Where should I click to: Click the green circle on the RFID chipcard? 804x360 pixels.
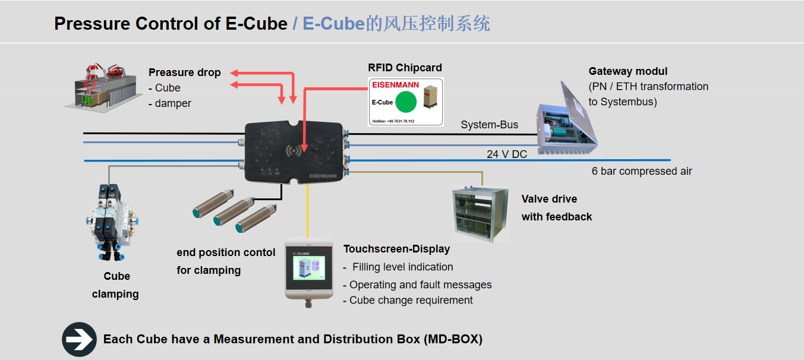point(406,102)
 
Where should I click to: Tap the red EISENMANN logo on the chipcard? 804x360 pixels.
point(395,85)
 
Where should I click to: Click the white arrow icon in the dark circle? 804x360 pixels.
point(79,339)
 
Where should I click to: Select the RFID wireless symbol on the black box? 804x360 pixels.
point(292,151)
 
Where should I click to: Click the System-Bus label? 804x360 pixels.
point(489,125)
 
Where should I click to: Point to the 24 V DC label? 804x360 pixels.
point(507,154)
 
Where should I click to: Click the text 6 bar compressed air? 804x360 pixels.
point(642,171)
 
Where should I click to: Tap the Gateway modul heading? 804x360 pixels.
point(628,71)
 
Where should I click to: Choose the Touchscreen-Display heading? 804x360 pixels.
point(396,249)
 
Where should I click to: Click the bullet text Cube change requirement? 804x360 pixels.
point(411,300)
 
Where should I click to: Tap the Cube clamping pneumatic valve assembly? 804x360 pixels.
point(111,220)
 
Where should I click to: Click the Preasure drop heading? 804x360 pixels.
point(184,72)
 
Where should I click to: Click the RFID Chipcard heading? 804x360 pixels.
point(405,68)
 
